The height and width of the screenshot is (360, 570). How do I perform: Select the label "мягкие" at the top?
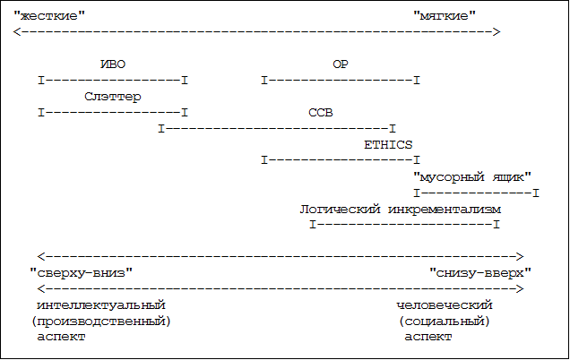click(x=445, y=15)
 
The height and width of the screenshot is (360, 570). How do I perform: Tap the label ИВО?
click(x=113, y=64)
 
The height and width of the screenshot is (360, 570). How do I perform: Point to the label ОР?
click(x=341, y=64)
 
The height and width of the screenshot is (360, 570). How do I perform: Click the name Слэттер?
click(x=113, y=97)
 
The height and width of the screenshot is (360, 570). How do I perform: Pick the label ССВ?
click(x=320, y=113)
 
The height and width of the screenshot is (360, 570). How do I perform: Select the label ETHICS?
click(x=388, y=144)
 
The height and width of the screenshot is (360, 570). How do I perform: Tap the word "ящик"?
click(x=512, y=176)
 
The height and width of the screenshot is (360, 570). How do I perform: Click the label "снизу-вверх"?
click(x=480, y=272)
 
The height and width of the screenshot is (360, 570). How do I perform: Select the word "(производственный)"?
click(x=100, y=321)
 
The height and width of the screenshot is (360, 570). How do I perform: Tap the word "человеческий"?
click(x=445, y=305)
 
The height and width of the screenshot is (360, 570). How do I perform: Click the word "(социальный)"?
click(x=445, y=321)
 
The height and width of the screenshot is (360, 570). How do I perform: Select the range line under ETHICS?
click(x=341, y=161)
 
